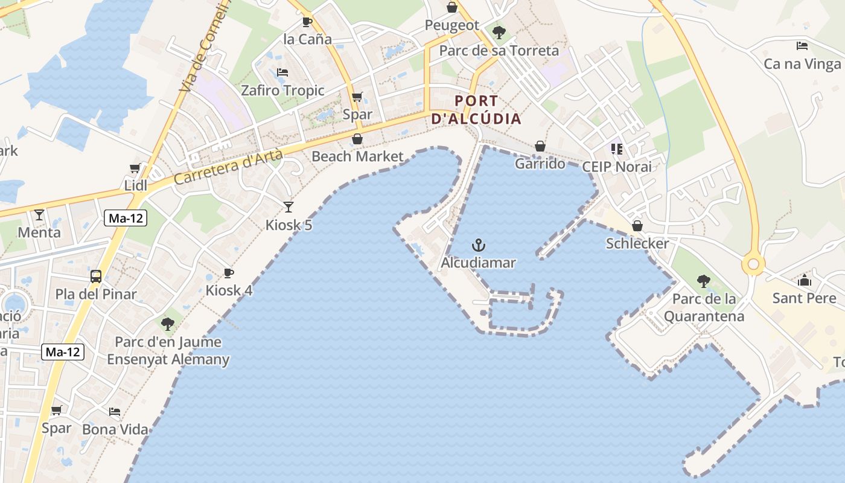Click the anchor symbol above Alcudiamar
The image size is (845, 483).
click(479, 245)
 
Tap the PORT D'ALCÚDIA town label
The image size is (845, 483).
click(477, 109)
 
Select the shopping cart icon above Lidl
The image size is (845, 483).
click(135, 168)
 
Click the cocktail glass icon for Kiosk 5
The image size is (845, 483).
click(289, 207)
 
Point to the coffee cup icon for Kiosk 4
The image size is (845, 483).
click(229, 273)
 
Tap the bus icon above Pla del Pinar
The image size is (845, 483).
click(96, 277)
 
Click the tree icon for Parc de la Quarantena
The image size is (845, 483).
click(703, 281)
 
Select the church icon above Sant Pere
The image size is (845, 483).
click(804, 280)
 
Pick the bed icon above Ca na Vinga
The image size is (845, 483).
click(802, 46)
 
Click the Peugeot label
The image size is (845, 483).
click(452, 25)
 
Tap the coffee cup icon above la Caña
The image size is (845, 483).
click(307, 22)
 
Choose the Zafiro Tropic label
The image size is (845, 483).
click(282, 91)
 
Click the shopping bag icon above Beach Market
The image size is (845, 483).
click(357, 139)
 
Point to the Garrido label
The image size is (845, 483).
click(540, 164)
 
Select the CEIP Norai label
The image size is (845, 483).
click(617, 167)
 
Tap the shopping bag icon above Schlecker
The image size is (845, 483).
click(637, 226)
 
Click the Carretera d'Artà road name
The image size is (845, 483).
click(228, 167)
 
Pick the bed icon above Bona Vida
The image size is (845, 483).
click(115, 412)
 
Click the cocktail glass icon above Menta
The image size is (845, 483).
click(39, 214)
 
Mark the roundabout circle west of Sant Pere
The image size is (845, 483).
click(753, 264)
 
